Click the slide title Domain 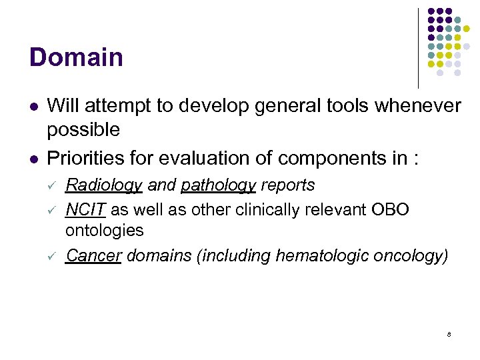[x=76, y=57]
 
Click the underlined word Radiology [x=103, y=185]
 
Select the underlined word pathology [x=218, y=185]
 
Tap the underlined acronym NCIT [x=85, y=209]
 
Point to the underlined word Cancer [x=93, y=256]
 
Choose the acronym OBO [x=389, y=209]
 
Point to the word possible [x=83, y=130]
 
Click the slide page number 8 [x=449, y=334]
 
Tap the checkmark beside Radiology [x=53, y=185]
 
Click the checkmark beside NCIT [x=53, y=210]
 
